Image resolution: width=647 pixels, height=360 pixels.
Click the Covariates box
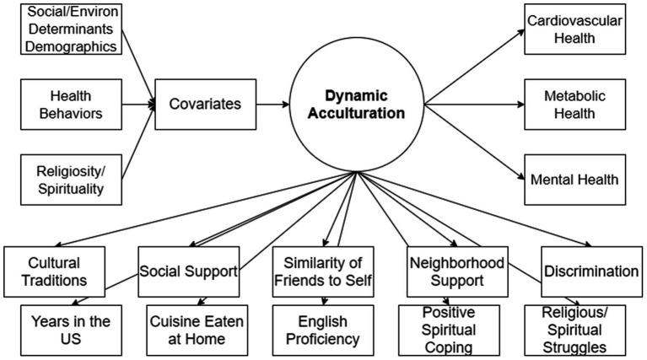coord(206,105)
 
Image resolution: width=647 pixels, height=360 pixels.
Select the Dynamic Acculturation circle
coord(357,105)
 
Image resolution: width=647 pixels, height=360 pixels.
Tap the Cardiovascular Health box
coord(574,30)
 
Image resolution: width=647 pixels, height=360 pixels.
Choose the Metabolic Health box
coord(574,105)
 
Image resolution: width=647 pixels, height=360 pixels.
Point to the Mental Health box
coord(574,180)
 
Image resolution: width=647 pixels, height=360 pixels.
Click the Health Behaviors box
coord(71,105)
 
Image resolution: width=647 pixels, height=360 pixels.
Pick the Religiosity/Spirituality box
coord(71,180)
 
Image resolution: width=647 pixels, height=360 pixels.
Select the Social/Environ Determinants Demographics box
coord(71,30)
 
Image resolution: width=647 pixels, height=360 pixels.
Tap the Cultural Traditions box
coord(55,271)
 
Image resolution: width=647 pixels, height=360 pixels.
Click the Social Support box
coord(189,271)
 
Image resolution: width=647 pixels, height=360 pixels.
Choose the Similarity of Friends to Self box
coord(323,271)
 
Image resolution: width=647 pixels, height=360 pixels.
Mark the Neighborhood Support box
coord(457,271)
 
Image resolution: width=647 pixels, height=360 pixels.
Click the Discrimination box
coord(591,271)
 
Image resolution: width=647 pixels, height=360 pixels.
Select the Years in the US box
coord(71,330)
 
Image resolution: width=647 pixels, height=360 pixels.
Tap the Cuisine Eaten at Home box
coord(197,330)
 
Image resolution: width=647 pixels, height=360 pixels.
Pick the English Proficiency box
coord(323,330)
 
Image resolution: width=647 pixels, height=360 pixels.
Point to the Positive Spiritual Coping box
coord(449,330)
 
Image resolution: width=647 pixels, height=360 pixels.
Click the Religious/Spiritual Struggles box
coord(574,330)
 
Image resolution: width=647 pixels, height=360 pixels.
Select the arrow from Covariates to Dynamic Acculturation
coord(272,105)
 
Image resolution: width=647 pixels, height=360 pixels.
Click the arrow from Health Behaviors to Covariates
coord(138,105)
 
